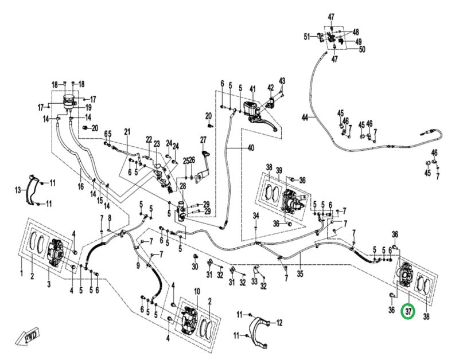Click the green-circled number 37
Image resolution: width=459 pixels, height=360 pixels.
408,312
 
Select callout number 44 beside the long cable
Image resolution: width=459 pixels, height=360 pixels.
305,118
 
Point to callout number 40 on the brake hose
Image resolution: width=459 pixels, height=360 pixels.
251,148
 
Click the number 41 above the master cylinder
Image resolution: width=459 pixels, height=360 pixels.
251,88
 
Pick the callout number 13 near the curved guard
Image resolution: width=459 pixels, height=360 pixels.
18,190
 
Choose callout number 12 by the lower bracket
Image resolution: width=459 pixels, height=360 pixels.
279,323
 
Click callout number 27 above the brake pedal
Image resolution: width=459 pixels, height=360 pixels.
203,140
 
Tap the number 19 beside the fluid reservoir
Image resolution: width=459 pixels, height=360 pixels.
89,107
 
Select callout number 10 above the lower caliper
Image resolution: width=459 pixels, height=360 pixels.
196,292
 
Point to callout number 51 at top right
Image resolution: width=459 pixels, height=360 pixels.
307,37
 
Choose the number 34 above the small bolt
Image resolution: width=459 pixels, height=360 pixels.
257,216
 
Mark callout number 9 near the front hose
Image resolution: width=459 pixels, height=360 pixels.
138,265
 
